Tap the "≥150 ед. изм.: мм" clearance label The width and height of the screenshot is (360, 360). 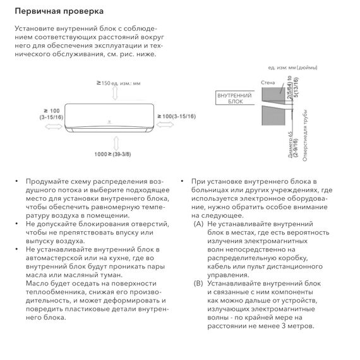coord(119,83)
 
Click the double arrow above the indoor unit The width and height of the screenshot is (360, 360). coord(114,93)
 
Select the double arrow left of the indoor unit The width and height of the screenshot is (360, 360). coord(50,126)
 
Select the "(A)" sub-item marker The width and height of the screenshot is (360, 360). coord(199,224)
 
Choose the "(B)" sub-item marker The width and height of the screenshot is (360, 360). coord(199,284)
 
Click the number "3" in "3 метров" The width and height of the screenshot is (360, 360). coord(284,325)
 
